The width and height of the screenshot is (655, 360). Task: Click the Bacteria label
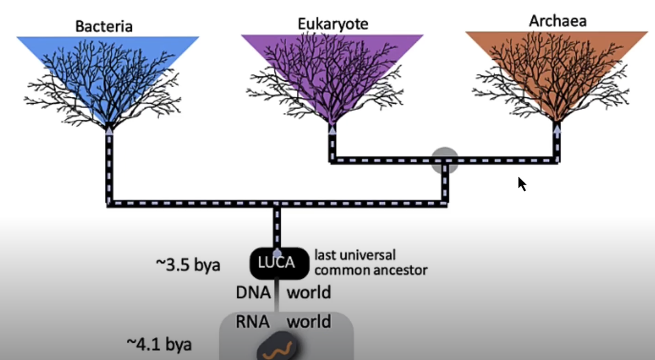tap(104, 26)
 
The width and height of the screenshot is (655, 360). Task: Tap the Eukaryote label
tap(333, 24)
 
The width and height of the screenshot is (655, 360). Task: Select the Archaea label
tap(557, 21)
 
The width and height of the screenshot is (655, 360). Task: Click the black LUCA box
tap(277, 263)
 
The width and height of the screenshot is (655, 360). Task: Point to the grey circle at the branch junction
tap(445, 160)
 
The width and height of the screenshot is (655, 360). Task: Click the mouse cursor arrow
tap(521, 184)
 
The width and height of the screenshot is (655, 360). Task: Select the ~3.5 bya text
tap(187, 265)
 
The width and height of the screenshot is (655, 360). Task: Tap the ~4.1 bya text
tap(159, 344)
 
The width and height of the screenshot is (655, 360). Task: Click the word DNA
tap(253, 292)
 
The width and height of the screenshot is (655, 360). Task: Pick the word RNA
tap(253, 322)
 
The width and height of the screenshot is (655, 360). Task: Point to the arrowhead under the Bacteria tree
tap(110, 129)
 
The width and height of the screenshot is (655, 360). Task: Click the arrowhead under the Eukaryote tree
tap(332, 129)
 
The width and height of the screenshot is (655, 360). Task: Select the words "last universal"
tap(355, 254)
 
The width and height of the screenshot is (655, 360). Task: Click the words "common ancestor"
tap(370, 268)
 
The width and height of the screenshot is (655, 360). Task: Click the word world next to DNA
tap(309, 292)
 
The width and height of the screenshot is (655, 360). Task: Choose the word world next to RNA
tap(309, 322)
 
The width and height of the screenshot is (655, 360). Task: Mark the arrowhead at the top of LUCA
tap(277, 251)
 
